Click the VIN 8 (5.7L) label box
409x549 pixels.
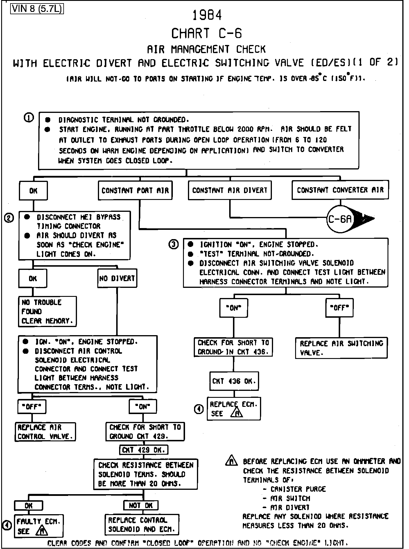[x=37, y=9]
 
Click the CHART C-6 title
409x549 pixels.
[x=207, y=33]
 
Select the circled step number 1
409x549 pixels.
[x=29, y=118]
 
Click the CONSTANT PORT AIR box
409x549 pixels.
[x=135, y=191]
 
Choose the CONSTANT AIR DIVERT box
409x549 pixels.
[x=229, y=190]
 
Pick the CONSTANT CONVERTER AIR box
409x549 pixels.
[x=340, y=190]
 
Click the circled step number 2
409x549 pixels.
[x=9, y=218]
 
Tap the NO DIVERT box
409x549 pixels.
[x=117, y=278]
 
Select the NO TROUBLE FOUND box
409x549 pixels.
[x=47, y=312]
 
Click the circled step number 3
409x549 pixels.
[x=174, y=245]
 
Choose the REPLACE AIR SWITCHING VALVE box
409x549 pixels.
[x=341, y=348]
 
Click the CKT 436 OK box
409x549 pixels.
[x=234, y=381]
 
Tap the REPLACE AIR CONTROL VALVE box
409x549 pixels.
[x=45, y=432]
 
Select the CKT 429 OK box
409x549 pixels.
[x=143, y=450]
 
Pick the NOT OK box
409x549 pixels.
[x=141, y=505]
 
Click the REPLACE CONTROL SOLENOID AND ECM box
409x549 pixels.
[x=142, y=525]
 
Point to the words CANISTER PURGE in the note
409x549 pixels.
[x=298, y=489]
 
